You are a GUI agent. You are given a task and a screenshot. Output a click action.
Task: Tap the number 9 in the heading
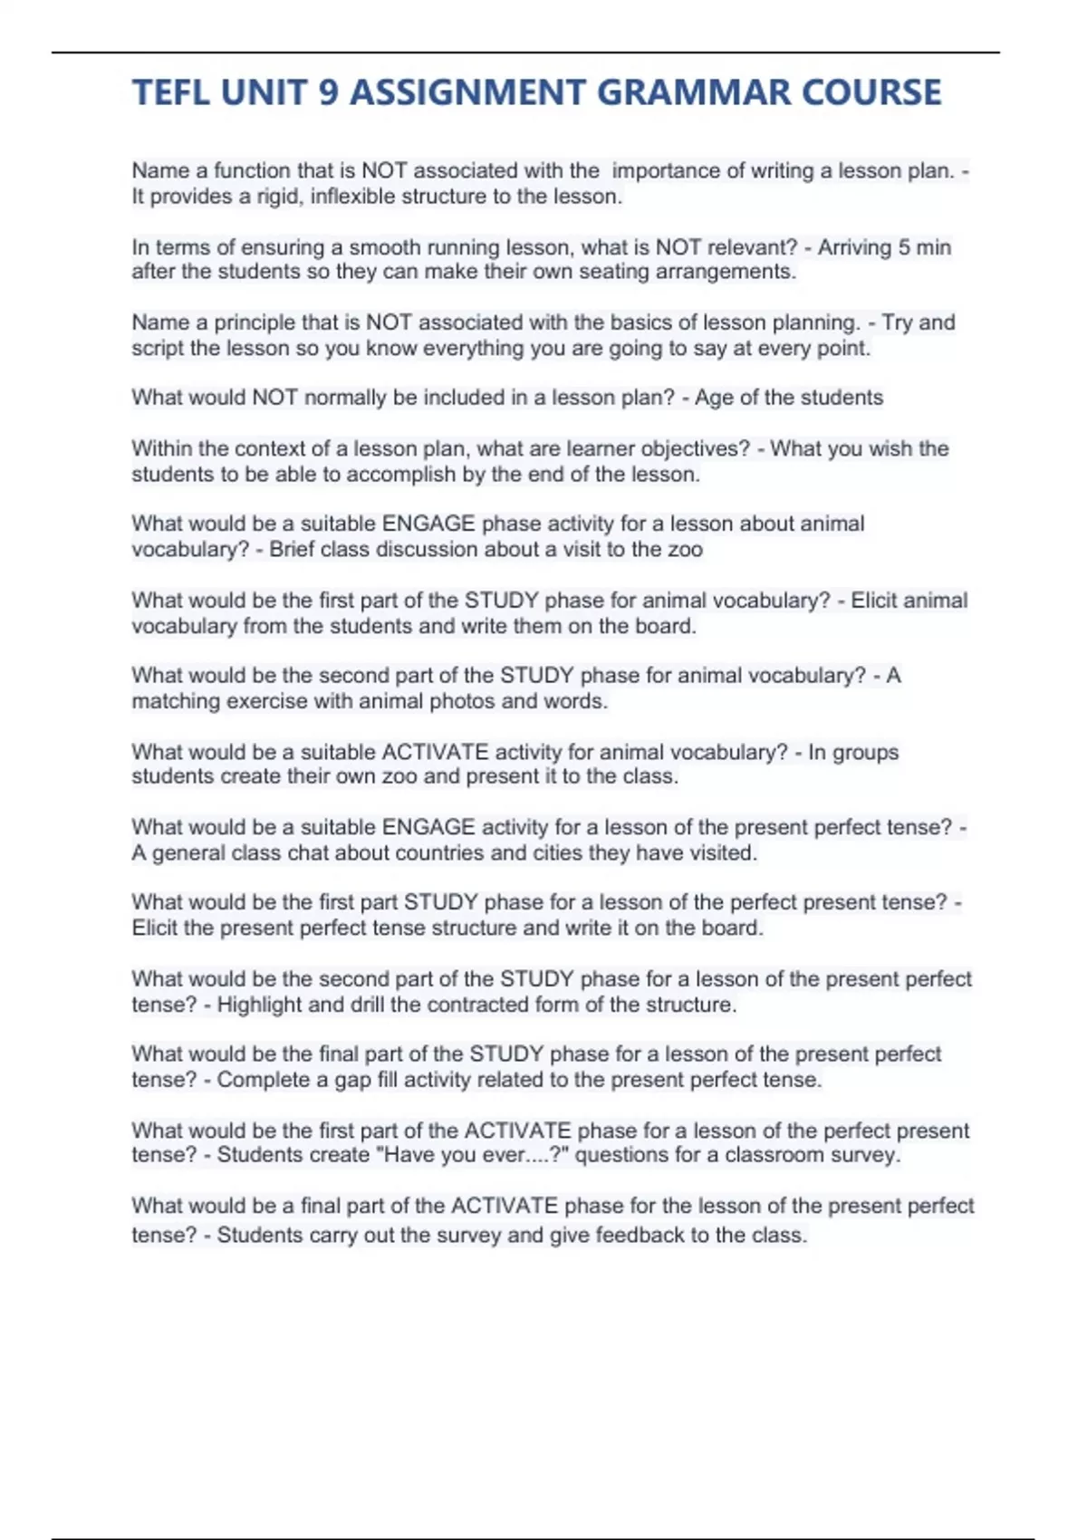327,92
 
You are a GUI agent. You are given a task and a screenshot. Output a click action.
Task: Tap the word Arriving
857,247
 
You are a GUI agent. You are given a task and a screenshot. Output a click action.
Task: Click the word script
158,348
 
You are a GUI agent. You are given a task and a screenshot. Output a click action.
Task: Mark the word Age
714,398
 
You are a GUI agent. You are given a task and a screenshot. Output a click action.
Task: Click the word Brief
292,550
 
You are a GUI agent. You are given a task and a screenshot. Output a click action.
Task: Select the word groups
865,753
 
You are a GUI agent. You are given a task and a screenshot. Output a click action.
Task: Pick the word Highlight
259,1005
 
